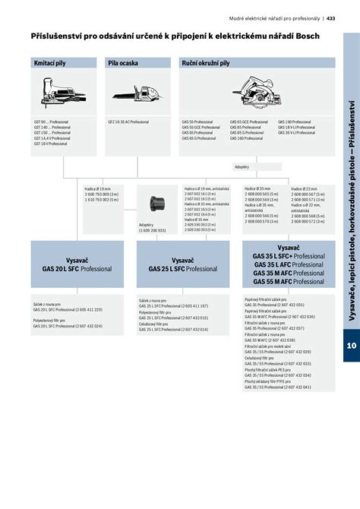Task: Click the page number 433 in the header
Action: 331,18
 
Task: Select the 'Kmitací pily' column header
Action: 49,64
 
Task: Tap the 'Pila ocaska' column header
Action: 123,64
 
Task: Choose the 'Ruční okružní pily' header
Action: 205,64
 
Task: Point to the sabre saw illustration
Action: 139,95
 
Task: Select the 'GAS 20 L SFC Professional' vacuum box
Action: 65,264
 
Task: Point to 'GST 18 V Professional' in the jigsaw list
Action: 51,143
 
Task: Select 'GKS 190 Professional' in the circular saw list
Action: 295,122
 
